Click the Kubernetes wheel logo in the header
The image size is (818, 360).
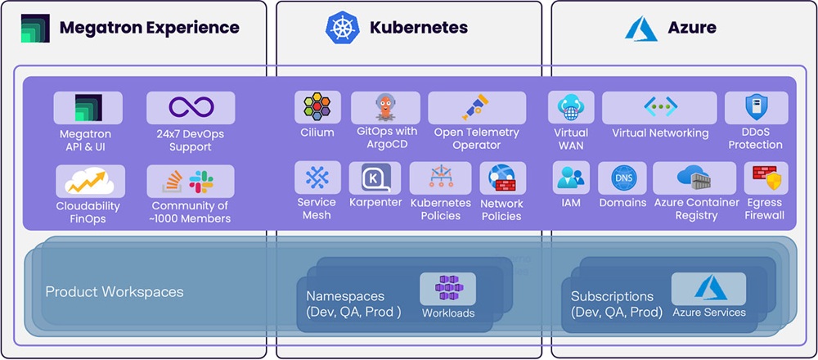343,27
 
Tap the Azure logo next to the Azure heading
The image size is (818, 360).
641,27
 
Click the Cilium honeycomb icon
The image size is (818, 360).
317,108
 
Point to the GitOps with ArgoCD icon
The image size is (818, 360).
384,107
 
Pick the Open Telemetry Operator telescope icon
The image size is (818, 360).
476,108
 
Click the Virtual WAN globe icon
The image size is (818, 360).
569,107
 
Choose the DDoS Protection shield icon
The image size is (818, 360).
756,107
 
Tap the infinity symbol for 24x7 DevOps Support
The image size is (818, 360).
191,107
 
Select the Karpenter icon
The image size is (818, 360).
375,178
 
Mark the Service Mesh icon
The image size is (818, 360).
317,178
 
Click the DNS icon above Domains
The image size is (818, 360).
622,178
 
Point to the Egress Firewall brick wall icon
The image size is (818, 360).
766,178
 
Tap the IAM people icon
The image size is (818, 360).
571,178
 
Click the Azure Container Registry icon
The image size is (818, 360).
695,178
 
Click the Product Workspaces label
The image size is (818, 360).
115,292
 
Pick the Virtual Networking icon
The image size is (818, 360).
659,107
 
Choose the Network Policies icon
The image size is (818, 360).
502,179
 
